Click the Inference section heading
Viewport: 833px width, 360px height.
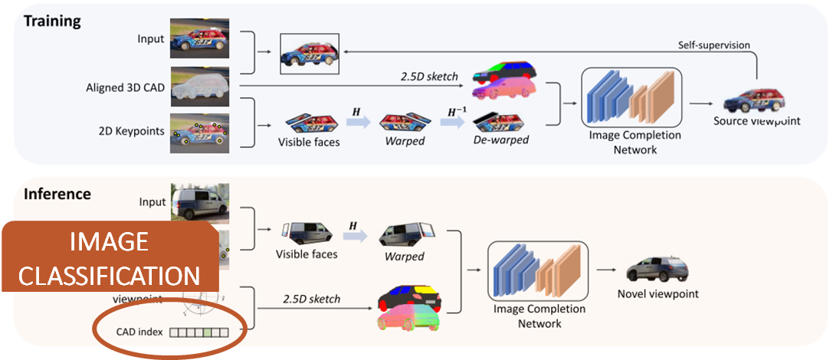tap(57, 194)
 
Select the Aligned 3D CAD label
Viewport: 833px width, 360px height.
tap(124, 88)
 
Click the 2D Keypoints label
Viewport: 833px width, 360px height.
tap(134, 131)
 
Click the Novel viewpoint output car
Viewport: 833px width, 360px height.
tap(658, 270)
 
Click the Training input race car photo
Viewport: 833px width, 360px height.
tap(199, 43)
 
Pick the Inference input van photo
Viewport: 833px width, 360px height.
tap(200, 203)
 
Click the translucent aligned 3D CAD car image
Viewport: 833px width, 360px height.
tap(199, 86)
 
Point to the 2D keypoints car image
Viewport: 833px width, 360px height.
tap(199, 130)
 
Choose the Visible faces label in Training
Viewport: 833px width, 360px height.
tap(310, 142)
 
